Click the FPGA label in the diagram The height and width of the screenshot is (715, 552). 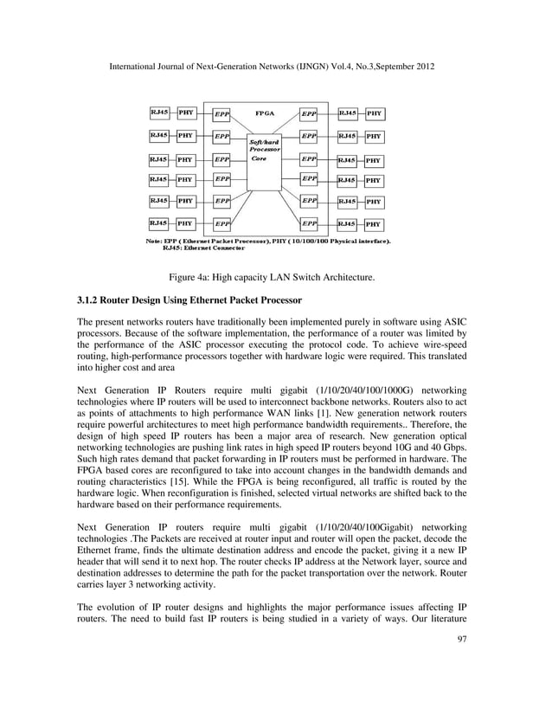(265, 113)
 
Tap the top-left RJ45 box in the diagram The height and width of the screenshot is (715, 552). (160, 113)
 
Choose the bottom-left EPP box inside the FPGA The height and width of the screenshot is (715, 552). (221, 224)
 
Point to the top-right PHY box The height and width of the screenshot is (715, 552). (374, 113)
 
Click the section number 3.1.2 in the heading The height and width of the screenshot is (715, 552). (91, 300)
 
